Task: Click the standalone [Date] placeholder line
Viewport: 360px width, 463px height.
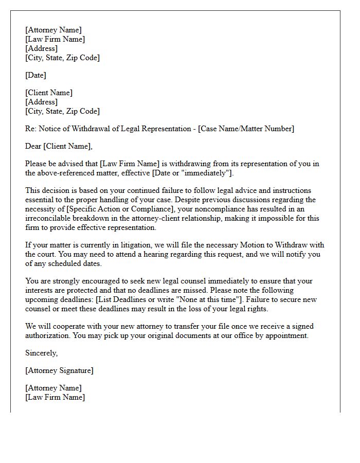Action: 35,75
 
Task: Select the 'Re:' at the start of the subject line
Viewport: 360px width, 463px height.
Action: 31,129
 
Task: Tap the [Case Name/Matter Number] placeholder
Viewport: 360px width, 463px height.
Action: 246,129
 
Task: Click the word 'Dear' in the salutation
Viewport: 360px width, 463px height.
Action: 33,146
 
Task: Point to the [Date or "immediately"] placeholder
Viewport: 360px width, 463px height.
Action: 192,173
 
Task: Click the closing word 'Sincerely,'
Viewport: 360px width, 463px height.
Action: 42,353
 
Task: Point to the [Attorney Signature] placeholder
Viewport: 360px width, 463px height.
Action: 59,370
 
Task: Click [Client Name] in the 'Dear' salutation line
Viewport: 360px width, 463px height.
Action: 68,146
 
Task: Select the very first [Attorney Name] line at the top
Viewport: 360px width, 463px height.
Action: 53,30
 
